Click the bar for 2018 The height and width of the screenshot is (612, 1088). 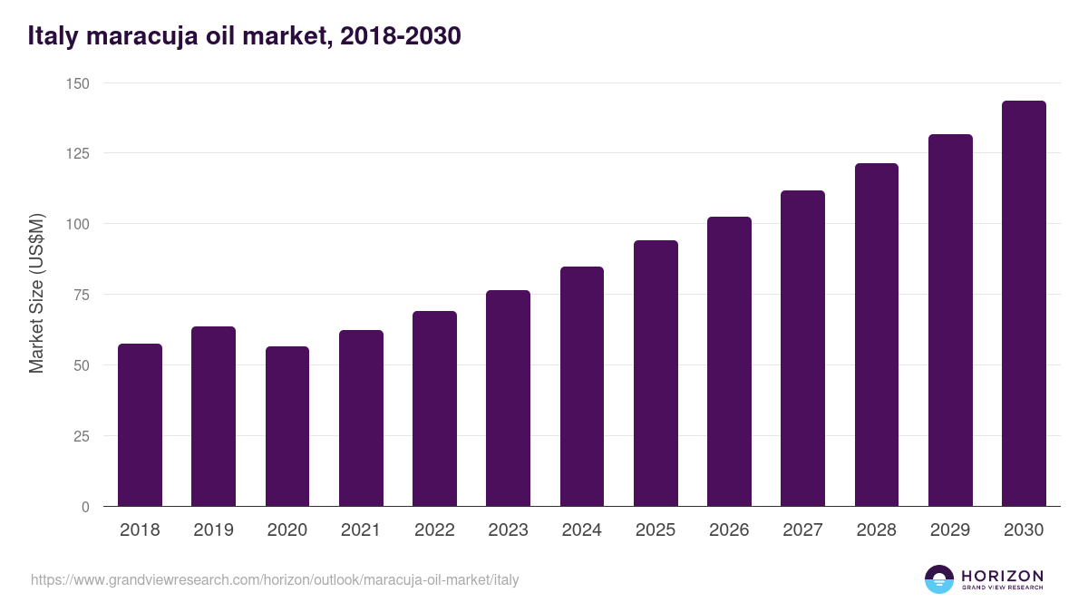click(x=140, y=425)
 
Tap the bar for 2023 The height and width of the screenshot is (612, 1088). click(x=508, y=398)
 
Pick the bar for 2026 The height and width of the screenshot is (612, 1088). click(x=729, y=362)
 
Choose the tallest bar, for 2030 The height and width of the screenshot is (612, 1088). click(x=1024, y=304)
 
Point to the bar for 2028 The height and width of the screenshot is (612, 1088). click(x=876, y=335)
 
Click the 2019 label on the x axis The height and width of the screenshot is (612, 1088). click(x=213, y=530)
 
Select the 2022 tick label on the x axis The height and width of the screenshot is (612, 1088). click(x=434, y=530)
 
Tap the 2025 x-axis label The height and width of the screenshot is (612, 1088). click(x=656, y=530)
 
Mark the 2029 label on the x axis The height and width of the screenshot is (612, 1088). click(x=950, y=530)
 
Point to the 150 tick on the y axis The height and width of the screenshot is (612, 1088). click(x=78, y=83)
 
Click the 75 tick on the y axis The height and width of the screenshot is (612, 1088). click(x=82, y=295)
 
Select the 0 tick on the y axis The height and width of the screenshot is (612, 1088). click(x=85, y=507)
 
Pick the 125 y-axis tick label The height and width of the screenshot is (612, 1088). click(x=78, y=153)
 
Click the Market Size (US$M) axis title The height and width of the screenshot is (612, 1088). click(x=36, y=295)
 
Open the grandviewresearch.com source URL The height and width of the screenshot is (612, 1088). click(x=275, y=579)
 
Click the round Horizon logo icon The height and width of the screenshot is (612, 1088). click(x=938, y=579)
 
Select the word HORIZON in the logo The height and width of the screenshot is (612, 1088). click(x=1002, y=575)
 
